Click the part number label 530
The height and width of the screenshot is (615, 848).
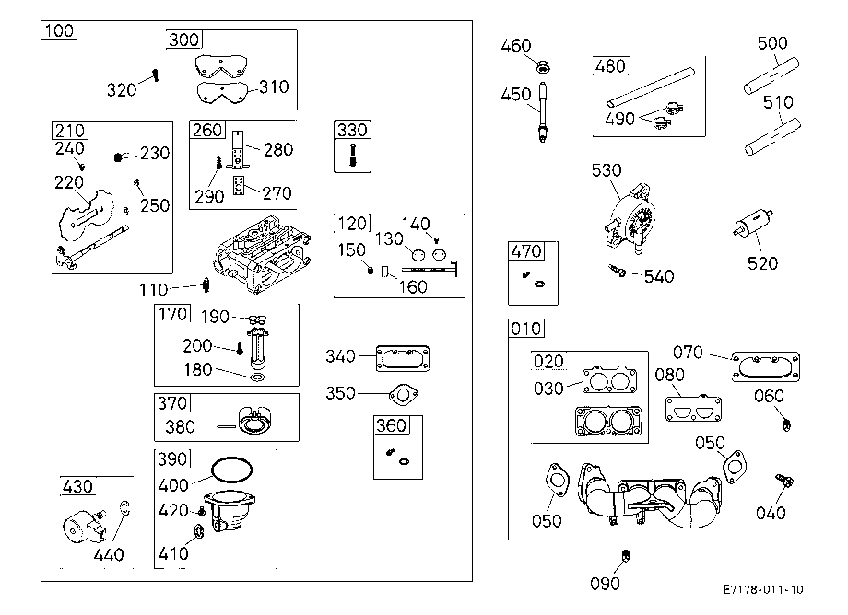coord(607,170)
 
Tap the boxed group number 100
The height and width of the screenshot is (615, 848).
coord(59,30)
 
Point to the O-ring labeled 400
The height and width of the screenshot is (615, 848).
coord(231,470)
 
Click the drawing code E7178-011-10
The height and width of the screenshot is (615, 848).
coord(763,589)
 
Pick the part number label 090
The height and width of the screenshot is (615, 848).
coord(605,584)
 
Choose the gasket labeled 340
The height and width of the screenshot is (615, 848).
coord(403,358)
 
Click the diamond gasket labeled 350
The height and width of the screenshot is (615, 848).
coord(404,394)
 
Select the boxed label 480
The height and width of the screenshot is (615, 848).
coord(610,66)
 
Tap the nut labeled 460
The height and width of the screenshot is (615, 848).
coord(542,67)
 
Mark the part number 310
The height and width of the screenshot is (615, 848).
coord(274,87)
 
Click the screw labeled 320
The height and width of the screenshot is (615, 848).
coord(156,75)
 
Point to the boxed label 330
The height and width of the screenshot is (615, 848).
coord(352,130)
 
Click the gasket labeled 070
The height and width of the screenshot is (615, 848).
coord(766,367)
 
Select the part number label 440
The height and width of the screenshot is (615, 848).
coord(109,554)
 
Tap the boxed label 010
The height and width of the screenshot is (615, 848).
coord(526,329)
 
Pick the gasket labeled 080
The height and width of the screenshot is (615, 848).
coord(693,410)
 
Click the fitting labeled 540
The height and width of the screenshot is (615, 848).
coord(618,271)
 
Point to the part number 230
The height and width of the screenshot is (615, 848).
coord(155,154)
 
